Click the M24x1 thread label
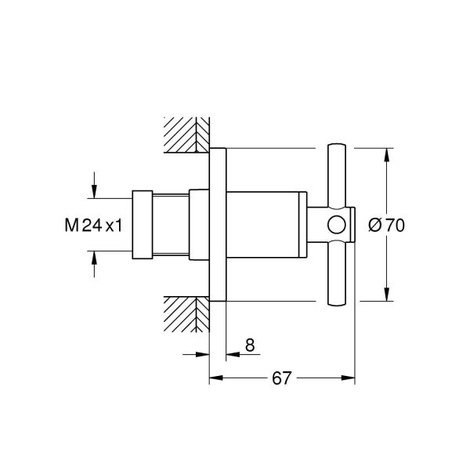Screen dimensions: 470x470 pyautogui.click(x=93, y=226)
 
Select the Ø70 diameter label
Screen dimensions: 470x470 pyautogui.click(x=385, y=226)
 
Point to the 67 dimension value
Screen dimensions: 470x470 pyautogui.click(x=281, y=378)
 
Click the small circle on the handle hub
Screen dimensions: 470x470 pyautogui.click(x=336, y=226)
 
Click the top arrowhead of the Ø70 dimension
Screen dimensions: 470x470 pyautogui.click(x=386, y=154)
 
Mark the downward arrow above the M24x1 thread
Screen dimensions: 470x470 pyautogui.click(x=94, y=191)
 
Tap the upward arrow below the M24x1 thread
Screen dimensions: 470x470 pyautogui.click(x=94, y=259)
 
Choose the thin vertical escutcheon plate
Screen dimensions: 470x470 pyautogui.click(x=217, y=226)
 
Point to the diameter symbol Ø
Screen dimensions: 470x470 pyautogui.click(x=374, y=226)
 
